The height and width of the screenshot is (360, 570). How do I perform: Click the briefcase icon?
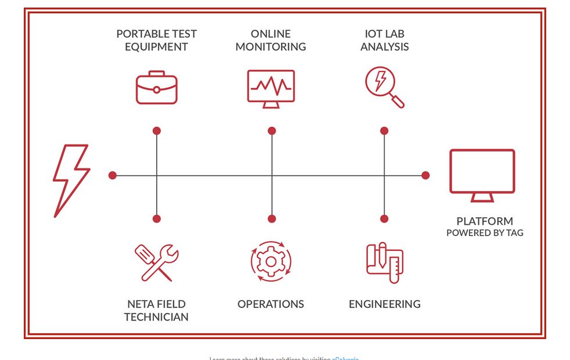[x=156, y=88]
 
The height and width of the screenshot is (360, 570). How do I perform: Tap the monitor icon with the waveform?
[x=270, y=88]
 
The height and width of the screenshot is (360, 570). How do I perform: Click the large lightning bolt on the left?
[x=71, y=181]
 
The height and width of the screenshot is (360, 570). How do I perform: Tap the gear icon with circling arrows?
[x=270, y=262]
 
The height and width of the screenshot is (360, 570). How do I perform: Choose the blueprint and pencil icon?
[x=384, y=262]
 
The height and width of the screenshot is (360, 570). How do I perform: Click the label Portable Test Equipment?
[x=156, y=41]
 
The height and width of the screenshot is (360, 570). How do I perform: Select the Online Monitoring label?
[x=270, y=41]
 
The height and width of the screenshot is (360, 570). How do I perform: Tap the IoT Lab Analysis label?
[x=384, y=41]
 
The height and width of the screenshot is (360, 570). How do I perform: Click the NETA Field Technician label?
[x=156, y=310]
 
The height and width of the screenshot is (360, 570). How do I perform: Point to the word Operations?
[x=270, y=304]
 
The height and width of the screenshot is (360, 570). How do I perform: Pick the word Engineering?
[x=384, y=304]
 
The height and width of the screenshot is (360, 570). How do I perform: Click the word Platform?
[x=484, y=221]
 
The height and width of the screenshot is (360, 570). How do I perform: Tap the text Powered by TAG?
[x=484, y=233]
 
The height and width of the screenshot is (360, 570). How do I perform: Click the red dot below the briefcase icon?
[x=157, y=131]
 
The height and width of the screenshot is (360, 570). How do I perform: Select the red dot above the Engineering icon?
[x=384, y=219]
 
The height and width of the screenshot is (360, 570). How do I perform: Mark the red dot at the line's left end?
[x=113, y=175]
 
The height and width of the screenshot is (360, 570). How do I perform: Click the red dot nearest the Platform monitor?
[x=425, y=175]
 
